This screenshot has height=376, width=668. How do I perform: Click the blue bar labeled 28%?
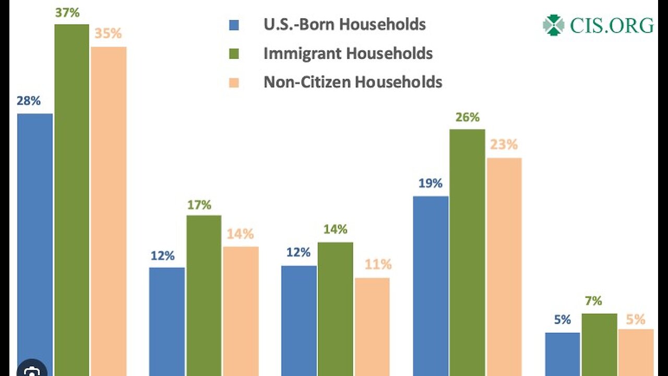coord(35,240)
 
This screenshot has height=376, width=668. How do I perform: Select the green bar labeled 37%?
coord(71,198)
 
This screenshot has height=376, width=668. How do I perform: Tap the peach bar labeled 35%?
coord(109,209)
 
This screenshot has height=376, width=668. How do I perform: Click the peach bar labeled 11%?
coord(372,326)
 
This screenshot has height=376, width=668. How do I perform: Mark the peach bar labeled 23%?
coord(504,266)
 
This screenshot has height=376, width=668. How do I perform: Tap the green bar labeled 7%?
coord(599,344)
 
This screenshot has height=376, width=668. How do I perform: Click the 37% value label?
coord(67,13)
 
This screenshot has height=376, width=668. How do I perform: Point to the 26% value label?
coord(467,118)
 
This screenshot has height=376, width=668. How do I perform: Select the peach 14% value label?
coord(240,234)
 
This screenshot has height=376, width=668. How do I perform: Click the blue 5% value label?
coord(563,320)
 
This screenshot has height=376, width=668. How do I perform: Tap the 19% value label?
coord(430,183)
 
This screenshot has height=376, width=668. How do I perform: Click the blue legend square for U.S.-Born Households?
coord(234,25)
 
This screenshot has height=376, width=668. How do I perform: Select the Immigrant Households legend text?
coord(348,53)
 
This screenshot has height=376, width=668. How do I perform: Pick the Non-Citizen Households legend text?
coord(353,82)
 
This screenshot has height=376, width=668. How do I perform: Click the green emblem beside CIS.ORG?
coord(553,25)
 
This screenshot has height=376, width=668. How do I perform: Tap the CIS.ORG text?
coord(611,25)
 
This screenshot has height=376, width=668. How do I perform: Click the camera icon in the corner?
coord(32,370)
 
